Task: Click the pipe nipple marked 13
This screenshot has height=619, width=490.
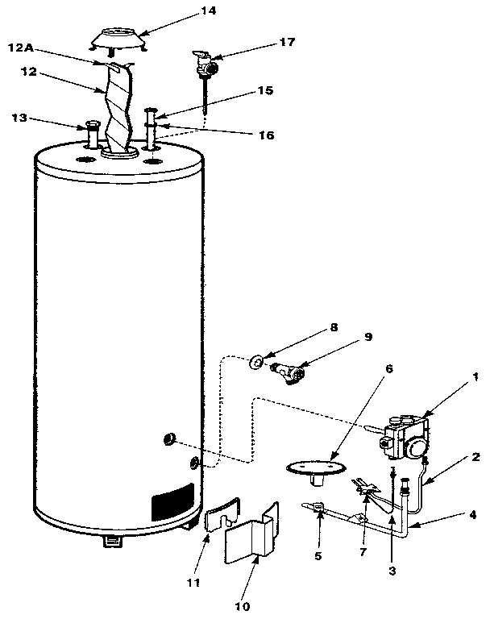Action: tap(90, 135)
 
